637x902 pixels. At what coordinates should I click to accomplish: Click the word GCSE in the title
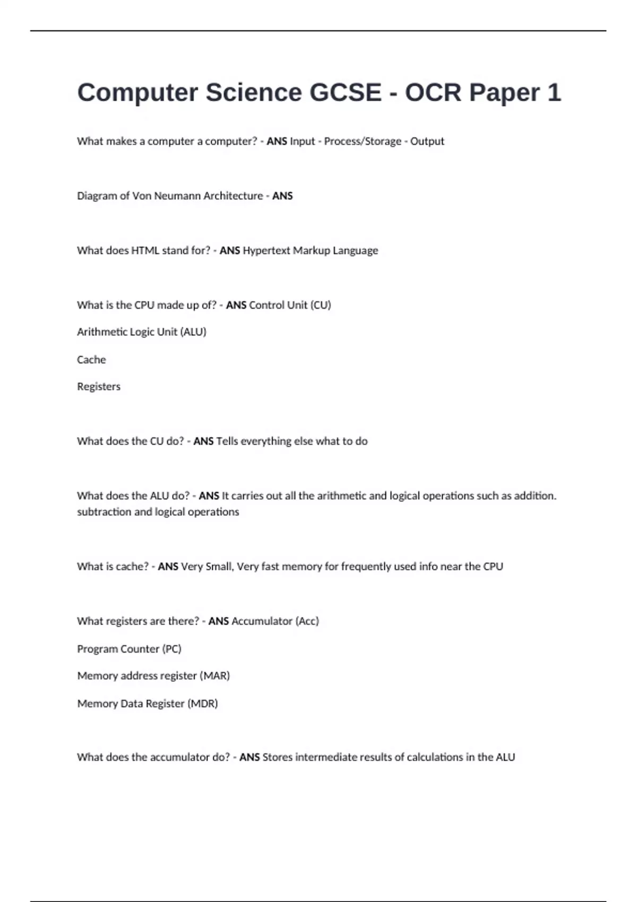coord(345,93)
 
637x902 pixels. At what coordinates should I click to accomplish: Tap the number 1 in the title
coord(554,93)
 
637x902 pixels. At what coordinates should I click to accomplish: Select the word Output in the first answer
coord(427,141)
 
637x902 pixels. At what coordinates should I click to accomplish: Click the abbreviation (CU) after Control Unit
coord(320,305)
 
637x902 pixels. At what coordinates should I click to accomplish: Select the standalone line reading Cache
coord(91,360)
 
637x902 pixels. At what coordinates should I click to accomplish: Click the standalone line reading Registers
coord(99,387)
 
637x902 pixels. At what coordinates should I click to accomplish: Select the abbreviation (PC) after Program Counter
coord(171,649)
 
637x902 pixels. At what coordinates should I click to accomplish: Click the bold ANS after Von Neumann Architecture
coord(282,196)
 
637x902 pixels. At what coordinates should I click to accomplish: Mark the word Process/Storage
coord(363,141)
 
